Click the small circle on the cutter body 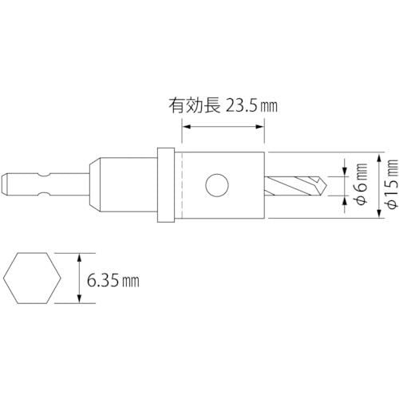point(215,186)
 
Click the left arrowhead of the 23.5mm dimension point(186,126)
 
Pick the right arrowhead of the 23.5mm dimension point(261,126)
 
